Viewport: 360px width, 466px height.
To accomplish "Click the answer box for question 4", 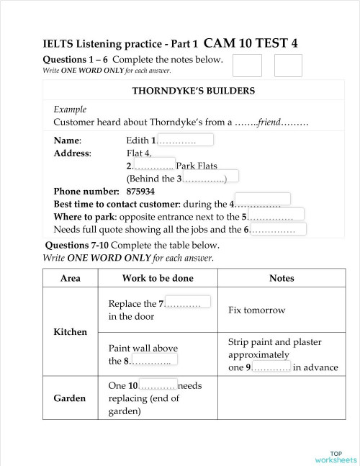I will tap(262, 199).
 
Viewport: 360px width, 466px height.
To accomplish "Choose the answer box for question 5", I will tap(275, 215).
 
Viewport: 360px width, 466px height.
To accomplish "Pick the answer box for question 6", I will tap(279, 229).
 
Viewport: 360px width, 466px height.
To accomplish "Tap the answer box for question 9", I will tap(271, 367).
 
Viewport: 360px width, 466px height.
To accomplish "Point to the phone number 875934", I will tap(140, 192).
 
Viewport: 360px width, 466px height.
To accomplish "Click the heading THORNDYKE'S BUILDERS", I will tap(194, 91).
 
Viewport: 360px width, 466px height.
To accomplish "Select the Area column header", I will tap(71, 279).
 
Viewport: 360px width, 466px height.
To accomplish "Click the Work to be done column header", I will tap(156, 279).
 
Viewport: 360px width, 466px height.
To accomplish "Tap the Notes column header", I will tap(282, 279).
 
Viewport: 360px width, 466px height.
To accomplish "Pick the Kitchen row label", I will tap(71, 332).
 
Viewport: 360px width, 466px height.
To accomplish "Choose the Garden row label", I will tap(71, 398).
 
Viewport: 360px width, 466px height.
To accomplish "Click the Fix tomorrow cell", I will tap(256, 310).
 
